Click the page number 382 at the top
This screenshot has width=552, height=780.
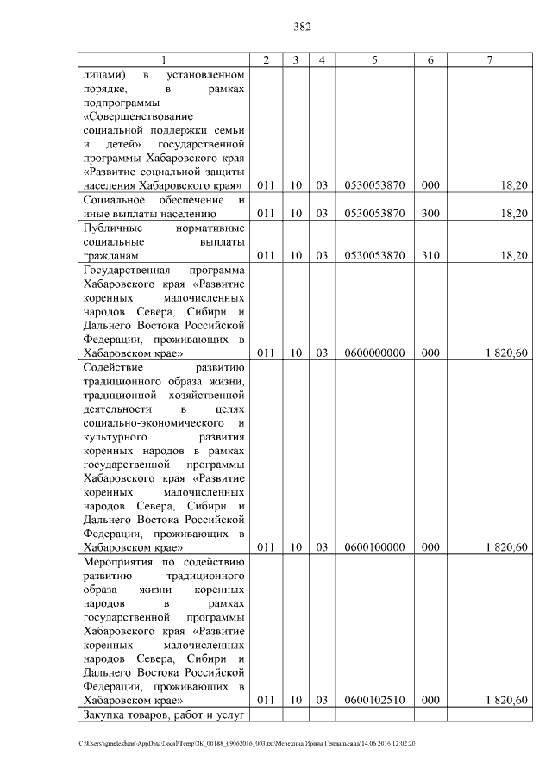pyautogui.click(x=302, y=27)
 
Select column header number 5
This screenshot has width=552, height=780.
pyautogui.click(x=374, y=59)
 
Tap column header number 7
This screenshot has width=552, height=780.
pyautogui.click(x=489, y=59)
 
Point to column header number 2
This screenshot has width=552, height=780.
pyautogui.click(x=267, y=59)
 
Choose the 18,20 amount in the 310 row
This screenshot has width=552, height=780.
pyautogui.click(x=512, y=256)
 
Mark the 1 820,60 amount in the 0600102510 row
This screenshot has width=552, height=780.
pyautogui.click(x=505, y=700)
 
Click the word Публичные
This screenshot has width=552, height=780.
pyautogui.click(x=112, y=228)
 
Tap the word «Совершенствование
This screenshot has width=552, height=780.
pyautogui.click(x=138, y=116)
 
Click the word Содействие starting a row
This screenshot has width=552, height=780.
pyautogui.click(x=113, y=367)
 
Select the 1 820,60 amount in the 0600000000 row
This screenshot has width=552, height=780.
pyautogui.click(x=505, y=353)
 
